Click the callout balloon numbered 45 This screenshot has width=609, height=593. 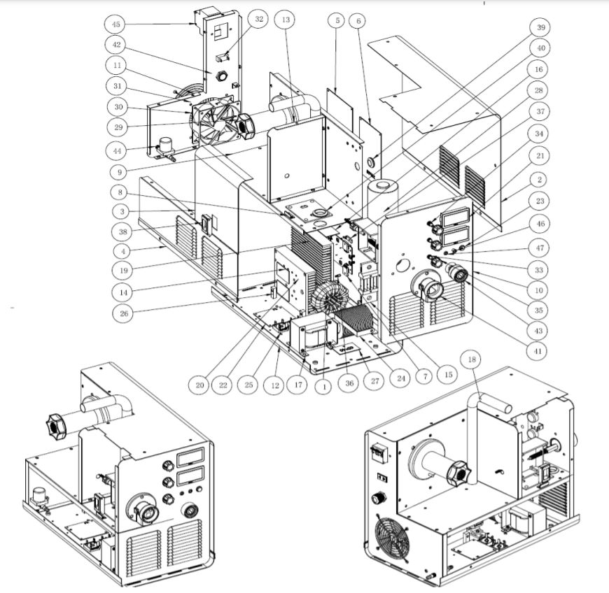(115, 25)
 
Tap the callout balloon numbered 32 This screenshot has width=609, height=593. (259, 20)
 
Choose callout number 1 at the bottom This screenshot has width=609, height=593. (323, 383)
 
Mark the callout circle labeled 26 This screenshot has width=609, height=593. (125, 313)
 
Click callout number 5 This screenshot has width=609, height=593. (337, 21)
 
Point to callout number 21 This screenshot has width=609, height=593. (540, 155)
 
